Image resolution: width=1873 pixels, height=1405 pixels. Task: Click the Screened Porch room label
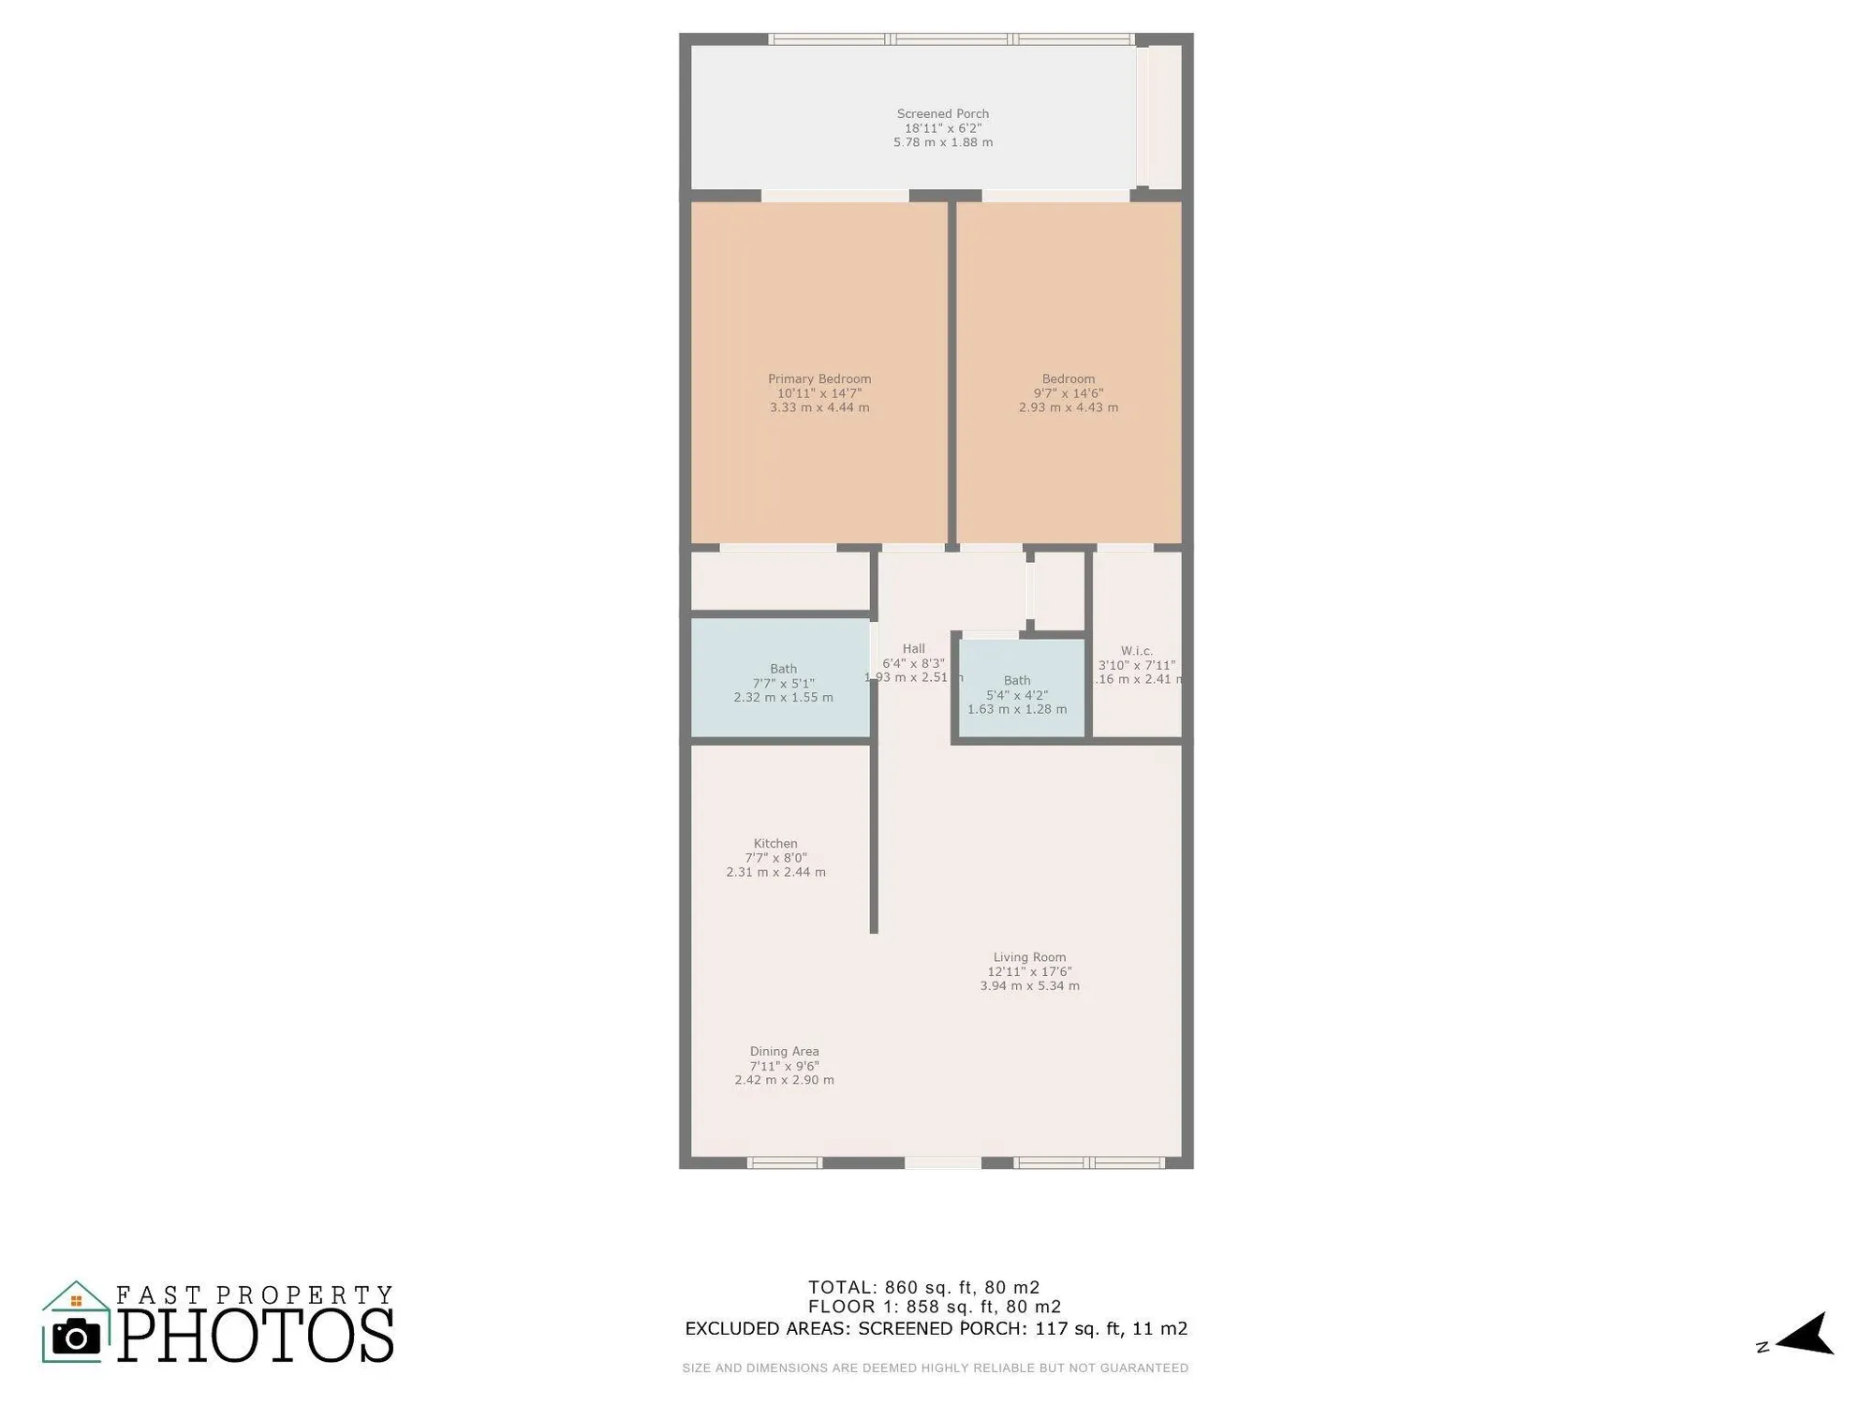[942, 114]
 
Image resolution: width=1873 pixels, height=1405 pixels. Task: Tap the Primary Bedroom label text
[819, 379]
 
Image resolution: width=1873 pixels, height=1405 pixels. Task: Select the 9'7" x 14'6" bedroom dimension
[1068, 394]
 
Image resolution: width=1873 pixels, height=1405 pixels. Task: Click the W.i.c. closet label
[1136, 651]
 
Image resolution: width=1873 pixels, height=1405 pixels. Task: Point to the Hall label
[913, 648]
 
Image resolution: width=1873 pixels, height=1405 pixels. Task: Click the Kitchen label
[775, 844]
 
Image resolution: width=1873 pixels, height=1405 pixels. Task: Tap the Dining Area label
[784, 1052]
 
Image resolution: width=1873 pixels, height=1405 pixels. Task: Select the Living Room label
[1029, 957]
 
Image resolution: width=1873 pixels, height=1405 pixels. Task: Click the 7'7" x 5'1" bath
[783, 684]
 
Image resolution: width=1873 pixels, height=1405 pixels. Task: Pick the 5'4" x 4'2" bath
[1016, 695]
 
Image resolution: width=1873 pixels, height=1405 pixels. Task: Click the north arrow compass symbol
[1804, 1335]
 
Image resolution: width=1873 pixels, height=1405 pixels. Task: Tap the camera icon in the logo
[76, 1337]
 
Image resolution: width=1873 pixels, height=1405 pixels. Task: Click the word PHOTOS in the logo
[256, 1336]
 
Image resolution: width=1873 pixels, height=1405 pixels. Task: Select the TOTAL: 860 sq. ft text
[923, 1287]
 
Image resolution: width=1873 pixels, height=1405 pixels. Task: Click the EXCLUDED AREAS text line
[936, 1328]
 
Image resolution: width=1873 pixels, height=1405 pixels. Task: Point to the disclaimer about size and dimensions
[935, 1368]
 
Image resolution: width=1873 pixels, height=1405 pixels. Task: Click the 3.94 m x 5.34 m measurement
[1029, 986]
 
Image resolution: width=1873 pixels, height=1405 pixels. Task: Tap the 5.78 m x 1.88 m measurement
[942, 142]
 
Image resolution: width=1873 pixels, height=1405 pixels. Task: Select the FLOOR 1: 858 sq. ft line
[934, 1307]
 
